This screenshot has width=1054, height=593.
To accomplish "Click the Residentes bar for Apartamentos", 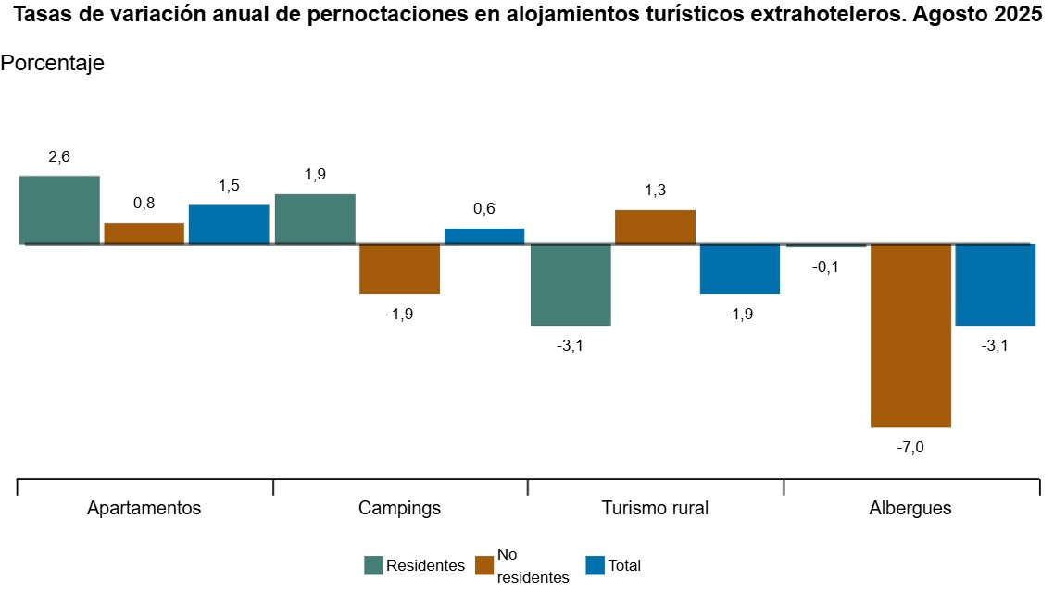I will [x=59, y=210].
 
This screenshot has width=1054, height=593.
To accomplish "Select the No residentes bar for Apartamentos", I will [x=144, y=233].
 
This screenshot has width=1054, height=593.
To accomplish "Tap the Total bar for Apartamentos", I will [x=229, y=225].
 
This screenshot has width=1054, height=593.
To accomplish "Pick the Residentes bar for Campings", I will [x=315, y=219].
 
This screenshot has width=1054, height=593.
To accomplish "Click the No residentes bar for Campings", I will [x=399, y=269].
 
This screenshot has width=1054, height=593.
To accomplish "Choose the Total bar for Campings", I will [x=484, y=236].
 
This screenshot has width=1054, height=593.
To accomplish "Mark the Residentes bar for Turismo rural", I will [x=571, y=285].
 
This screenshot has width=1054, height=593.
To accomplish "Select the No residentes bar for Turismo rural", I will [x=655, y=227].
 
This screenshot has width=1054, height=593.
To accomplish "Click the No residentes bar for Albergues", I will [x=910, y=336].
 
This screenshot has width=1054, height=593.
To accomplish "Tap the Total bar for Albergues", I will [x=996, y=285].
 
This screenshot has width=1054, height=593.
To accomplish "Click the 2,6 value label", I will [x=59, y=156].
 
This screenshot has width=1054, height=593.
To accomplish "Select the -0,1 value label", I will [x=825, y=267].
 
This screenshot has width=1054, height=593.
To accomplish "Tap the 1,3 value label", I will [x=655, y=191].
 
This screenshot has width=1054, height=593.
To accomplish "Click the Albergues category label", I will [x=910, y=508].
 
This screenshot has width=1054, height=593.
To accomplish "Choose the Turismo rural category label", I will [x=655, y=508].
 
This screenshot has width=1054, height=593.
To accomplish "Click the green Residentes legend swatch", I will [x=373, y=565].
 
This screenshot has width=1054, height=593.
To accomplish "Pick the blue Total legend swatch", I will [x=595, y=565].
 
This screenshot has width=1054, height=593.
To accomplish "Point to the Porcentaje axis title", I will [x=53, y=63].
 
